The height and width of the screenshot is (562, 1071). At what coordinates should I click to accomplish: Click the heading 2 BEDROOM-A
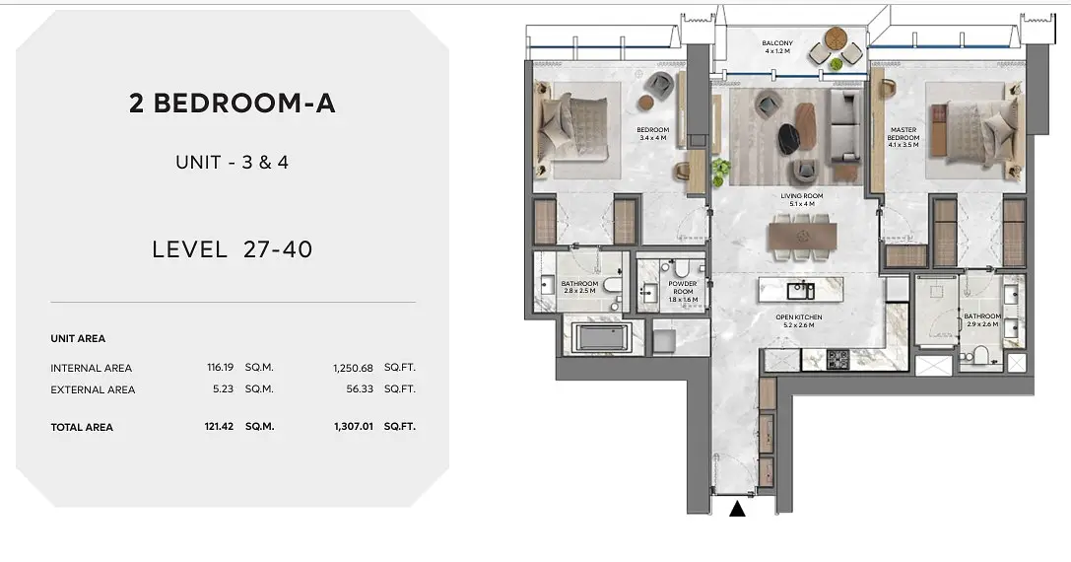tap(233, 104)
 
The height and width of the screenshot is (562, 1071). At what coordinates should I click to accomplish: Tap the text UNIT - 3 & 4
tap(233, 162)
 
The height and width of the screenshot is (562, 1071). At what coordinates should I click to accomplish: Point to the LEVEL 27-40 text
tap(233, 248)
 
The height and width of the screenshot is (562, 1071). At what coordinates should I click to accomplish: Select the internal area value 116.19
tap(220, 367)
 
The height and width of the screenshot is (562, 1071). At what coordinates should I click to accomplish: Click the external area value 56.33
tap(360, 388)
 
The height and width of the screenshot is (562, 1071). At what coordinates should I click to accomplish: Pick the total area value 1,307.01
tap(353, 426)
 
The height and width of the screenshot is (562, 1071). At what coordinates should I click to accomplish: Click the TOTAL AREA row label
tap(82, 427)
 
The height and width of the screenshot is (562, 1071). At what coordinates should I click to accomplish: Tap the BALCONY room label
tap(777, 43)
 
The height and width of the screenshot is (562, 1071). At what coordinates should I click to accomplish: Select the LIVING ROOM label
tap(802, 195)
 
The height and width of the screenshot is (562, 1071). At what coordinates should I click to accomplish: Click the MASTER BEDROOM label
tap(903, 133)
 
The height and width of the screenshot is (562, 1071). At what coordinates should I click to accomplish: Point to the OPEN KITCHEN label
tap(798, 317)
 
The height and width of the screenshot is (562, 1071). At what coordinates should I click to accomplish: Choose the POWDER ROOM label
tap(683, 287)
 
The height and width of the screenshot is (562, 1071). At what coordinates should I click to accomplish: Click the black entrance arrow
tap(737, 509)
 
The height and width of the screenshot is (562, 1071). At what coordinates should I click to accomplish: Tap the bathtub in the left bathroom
tap(602, 338)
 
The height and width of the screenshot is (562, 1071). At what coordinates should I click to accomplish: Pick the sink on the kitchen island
tap(800, 291)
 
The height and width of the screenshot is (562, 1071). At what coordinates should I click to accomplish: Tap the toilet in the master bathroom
tap(980, 356)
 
